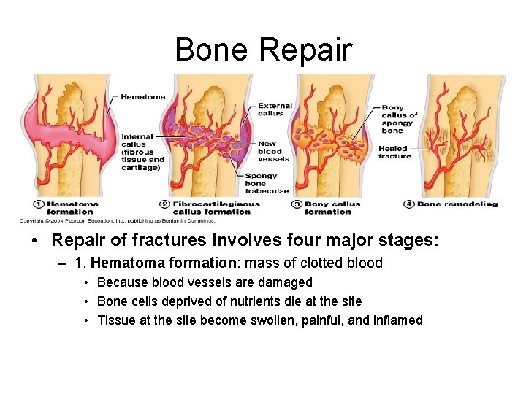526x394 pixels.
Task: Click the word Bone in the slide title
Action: pyautogui.click(x=212, y=50)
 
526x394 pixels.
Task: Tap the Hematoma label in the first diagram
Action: pyautogui.click(x=142, y=96)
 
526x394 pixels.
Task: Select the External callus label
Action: pyautogui.click(x=275, y=109)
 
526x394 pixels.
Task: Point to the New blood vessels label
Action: pyautogui.click(x=274, y=151)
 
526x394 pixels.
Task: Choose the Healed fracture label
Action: pyautogui.click(x=395, y=152)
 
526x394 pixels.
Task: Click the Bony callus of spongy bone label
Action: pyautogui.click(x=400, y=119)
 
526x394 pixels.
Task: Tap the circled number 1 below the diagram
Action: pyautogui.click(x=39, y=204)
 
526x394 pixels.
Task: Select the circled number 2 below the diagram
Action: pyautogui.click(x=165, y=204)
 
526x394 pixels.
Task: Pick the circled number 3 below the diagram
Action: pyautogui.click(x=297, y=204)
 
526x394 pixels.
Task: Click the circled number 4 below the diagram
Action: pyautogui.click(x=409, y=204)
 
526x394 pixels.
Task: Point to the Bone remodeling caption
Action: pyautogui.click(x=457, y=204)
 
